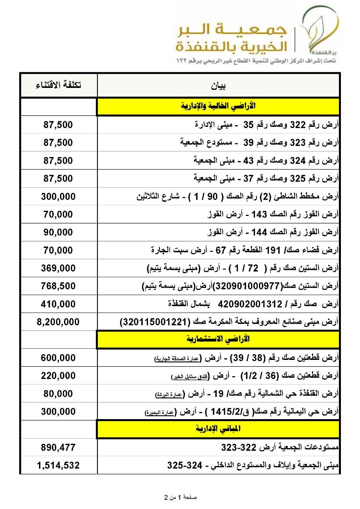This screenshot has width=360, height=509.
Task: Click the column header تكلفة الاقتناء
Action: click(58, 85)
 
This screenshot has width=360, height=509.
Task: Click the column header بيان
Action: click(218, 85)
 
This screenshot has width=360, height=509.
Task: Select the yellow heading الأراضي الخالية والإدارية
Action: click(218, 106)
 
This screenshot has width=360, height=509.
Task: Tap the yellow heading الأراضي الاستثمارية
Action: click(218, 339)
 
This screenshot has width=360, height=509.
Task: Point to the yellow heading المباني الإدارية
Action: click(218, 429)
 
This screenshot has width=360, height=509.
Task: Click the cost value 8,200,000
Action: click(58, 322)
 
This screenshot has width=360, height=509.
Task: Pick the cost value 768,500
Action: click(58, 286)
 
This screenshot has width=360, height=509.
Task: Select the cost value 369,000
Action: click(58, 268)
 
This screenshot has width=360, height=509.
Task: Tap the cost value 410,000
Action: click(58, 304)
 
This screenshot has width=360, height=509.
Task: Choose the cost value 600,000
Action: click(58, 357)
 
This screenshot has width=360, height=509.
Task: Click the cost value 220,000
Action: click(58, 375)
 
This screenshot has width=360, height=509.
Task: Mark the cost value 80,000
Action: click(58, 393)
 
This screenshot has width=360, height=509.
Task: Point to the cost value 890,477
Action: click(58, 447)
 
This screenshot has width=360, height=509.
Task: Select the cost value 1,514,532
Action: click(58, 465)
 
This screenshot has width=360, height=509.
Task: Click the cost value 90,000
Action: click(58, 232)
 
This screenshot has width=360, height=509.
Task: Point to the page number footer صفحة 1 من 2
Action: click(180, 497)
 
